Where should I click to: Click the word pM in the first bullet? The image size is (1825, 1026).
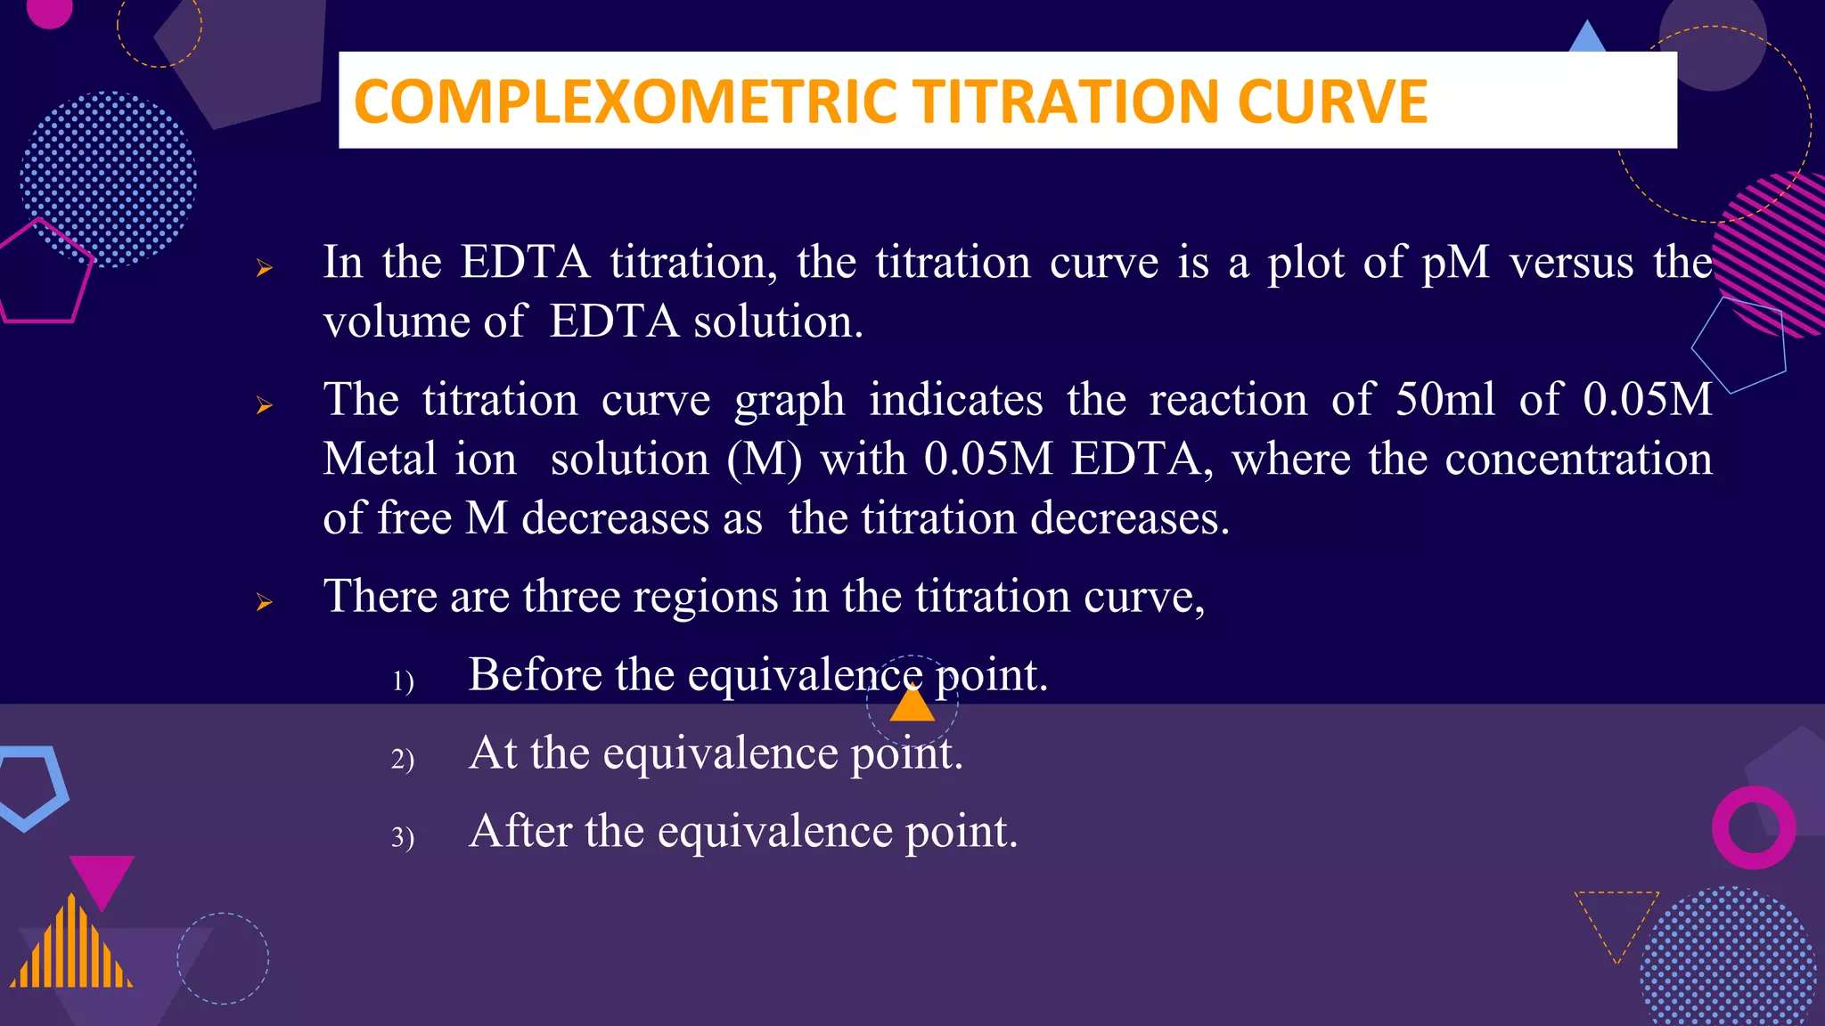pos(1454,263)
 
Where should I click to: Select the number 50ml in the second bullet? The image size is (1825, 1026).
pos(1444,400)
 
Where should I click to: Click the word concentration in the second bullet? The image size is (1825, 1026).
pos(1577,460)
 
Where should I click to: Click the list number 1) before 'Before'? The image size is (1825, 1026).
pos(403,682)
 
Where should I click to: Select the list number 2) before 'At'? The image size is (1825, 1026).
pos(403,760)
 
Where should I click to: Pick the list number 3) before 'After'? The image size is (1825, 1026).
pos(403,838)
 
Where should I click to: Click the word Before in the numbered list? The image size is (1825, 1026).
pos(535,674)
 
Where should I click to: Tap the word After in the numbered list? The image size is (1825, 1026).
pos(520,831)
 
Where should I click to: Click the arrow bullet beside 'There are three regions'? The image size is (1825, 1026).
pos(264,603)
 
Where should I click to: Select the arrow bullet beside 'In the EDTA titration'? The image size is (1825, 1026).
pos(264,267)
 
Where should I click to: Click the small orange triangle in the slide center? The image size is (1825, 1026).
pos(912,706)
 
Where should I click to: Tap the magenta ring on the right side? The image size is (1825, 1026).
pos(1753,827)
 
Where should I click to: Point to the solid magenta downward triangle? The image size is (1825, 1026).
pos(102,877)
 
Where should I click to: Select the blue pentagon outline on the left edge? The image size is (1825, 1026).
pos(34,784)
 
